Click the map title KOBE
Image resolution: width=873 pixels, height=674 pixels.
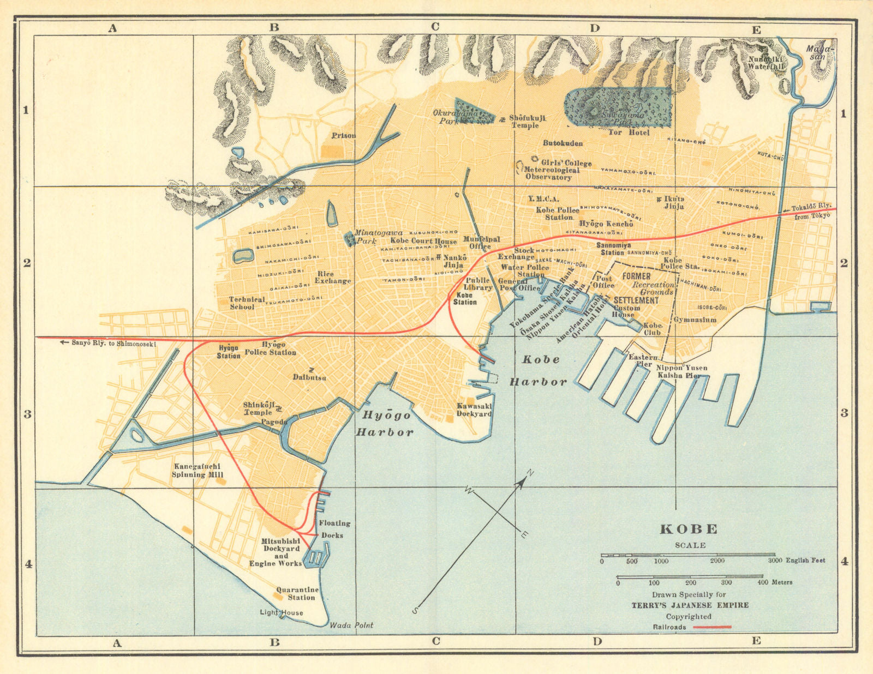click(689, 529)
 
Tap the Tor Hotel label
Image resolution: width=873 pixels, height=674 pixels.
click(629, 132)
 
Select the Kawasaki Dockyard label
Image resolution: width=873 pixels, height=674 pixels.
click(474, 410)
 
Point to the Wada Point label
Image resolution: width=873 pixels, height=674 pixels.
click(351, 625)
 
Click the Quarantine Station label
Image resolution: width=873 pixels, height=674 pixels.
click(297, 593)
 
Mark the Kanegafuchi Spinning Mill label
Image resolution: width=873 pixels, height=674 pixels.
click(198, 470)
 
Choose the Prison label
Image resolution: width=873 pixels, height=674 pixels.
click(343, 135)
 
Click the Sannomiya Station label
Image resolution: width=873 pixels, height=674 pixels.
click(613, 249)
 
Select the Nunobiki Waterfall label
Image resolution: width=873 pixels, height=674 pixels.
click(766, 62)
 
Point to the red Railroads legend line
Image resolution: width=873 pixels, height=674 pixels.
click(711, 627)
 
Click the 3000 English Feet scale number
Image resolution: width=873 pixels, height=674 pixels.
click(796, 560)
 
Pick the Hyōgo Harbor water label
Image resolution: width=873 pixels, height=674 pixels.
click(385, 424)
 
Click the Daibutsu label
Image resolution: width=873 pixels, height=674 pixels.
click(309, 377)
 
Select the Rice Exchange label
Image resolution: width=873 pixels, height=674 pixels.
click(332, 277)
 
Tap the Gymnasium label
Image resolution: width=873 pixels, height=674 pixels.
click(695, 320)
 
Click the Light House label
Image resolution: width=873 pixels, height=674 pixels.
click(281, 612)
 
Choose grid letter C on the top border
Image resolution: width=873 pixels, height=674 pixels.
click(435, 26)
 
